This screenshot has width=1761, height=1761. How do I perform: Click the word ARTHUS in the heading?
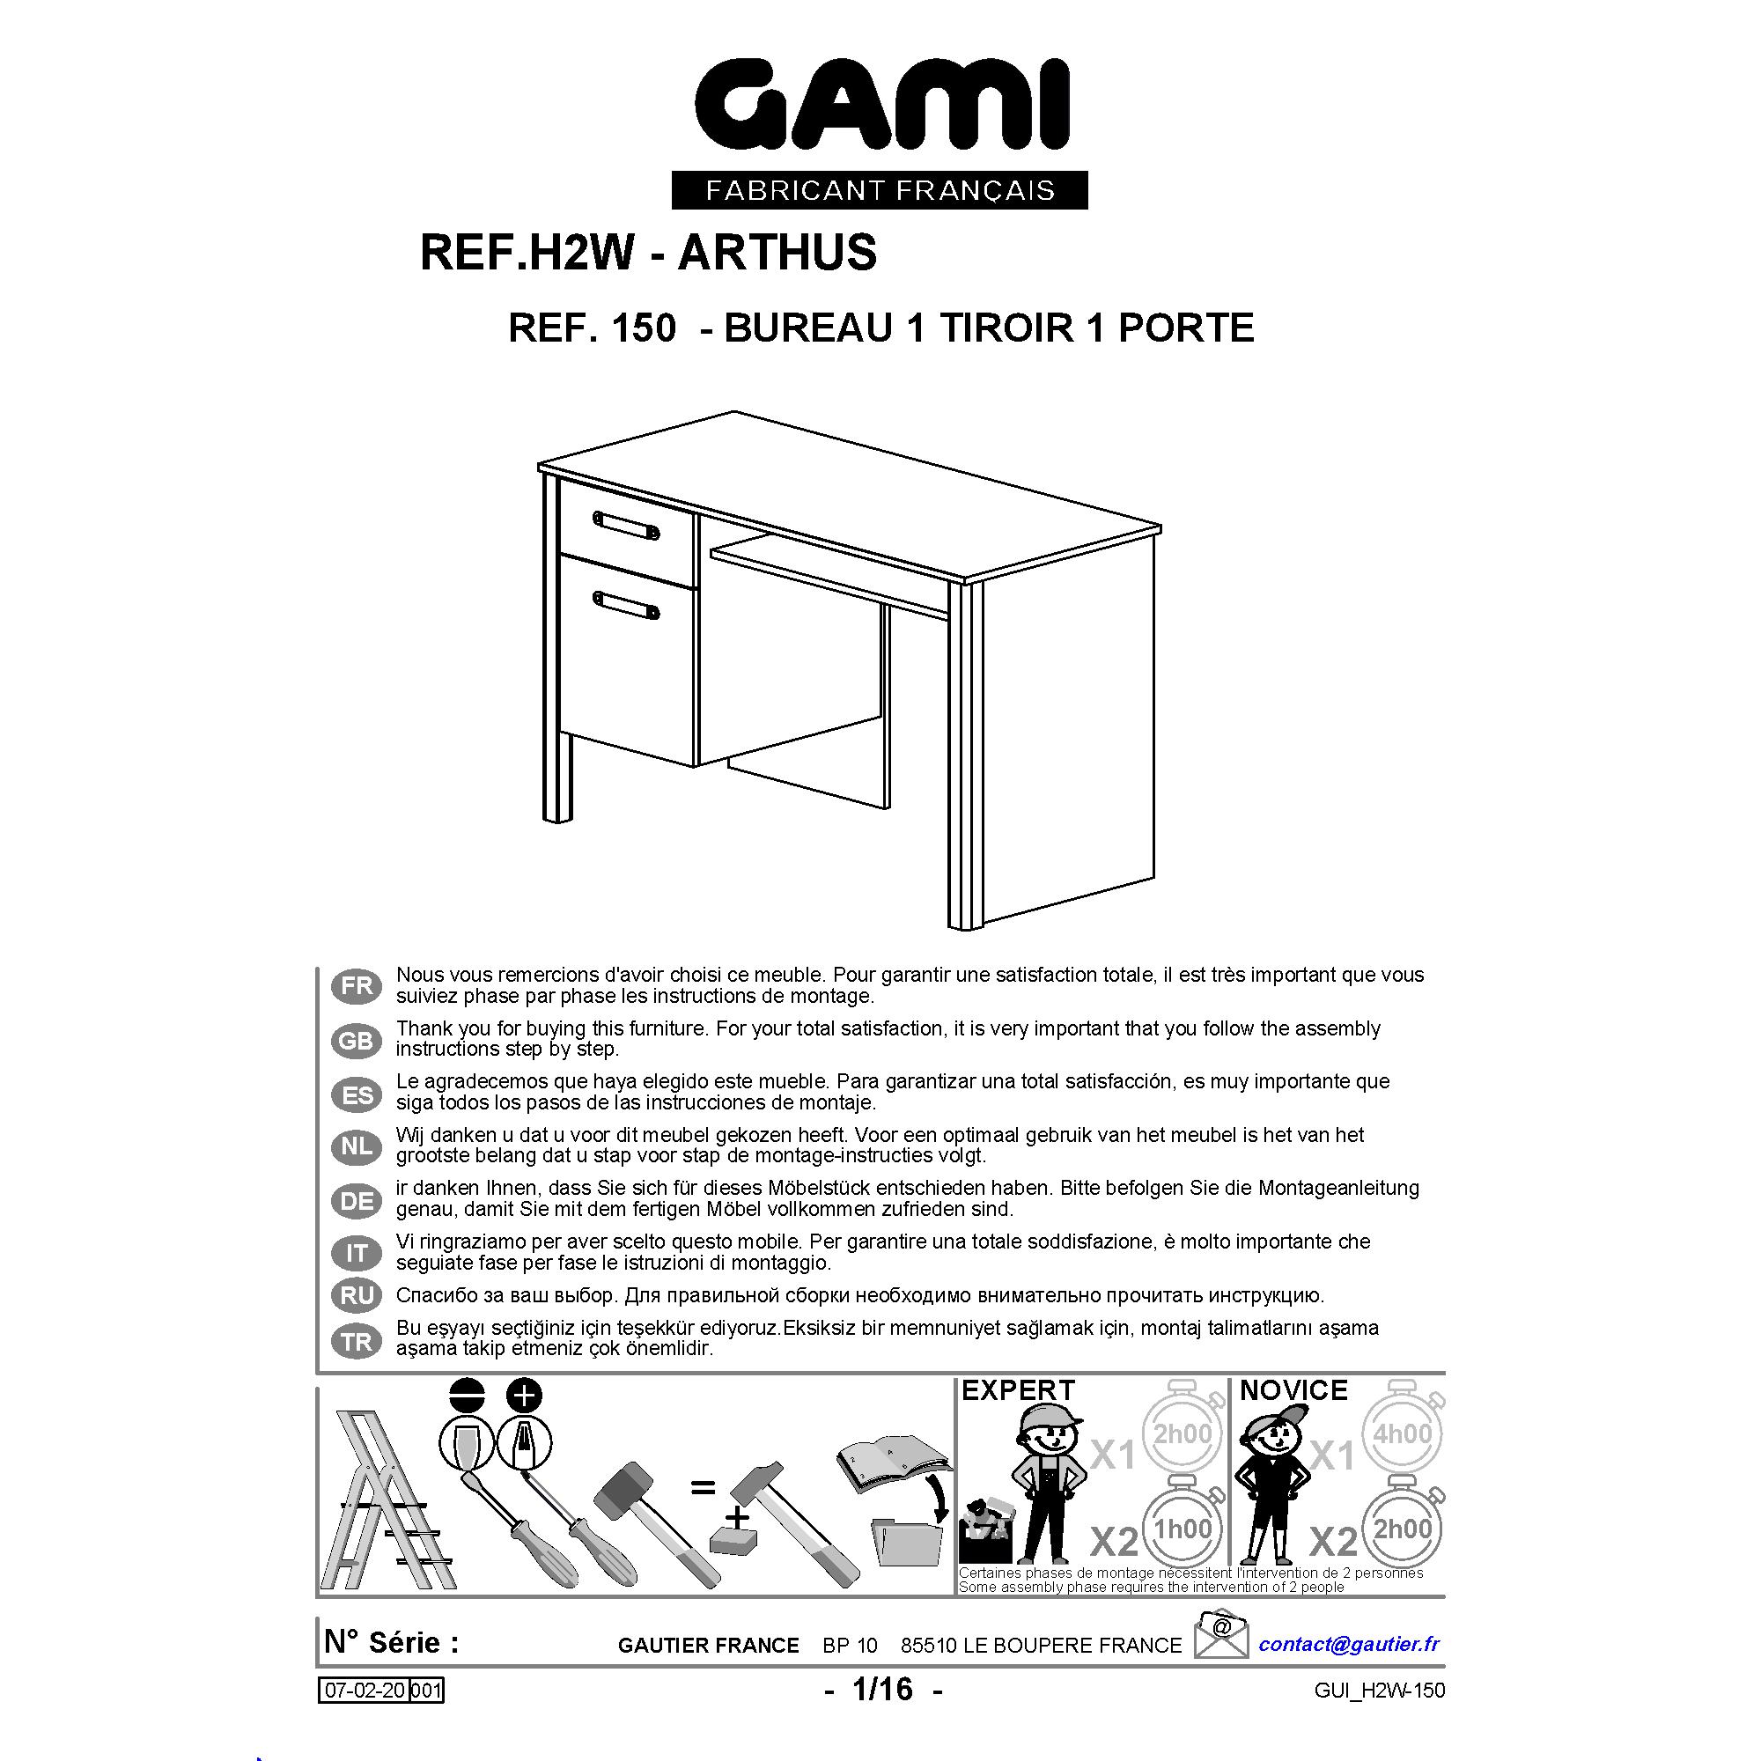coord(777,253)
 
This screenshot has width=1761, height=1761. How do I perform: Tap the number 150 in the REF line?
coord(644,328)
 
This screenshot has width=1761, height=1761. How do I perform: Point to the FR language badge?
coord(357,985)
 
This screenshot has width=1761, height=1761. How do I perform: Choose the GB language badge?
coord(357,1040)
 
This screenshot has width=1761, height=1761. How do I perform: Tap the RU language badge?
coord(357,1295)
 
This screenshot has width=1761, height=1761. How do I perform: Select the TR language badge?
coord(357,1342)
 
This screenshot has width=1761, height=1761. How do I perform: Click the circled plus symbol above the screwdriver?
coord(524,1395)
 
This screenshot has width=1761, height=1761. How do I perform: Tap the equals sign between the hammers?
coord(703,1488)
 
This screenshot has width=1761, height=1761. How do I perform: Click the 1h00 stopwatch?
coord(1183,1527)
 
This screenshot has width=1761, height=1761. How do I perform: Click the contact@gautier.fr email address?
coord(1349,1644)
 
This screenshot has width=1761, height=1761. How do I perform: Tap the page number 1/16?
coord(882,1690)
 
